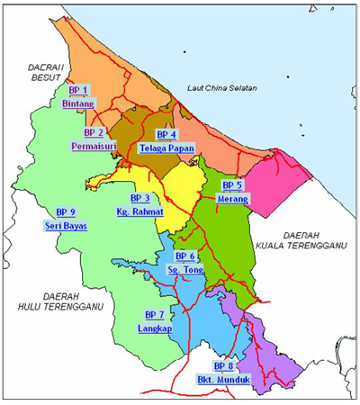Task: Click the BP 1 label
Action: point(79,90)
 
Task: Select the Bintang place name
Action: point(78,104)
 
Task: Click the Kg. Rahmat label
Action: point(139,211)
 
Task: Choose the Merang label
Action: point(233,198)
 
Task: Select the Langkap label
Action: point(153,329)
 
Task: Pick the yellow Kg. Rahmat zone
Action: point(180,193)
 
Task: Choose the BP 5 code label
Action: point(232,184)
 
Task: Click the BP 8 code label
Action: point(222,366)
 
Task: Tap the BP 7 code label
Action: point(153,316)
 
